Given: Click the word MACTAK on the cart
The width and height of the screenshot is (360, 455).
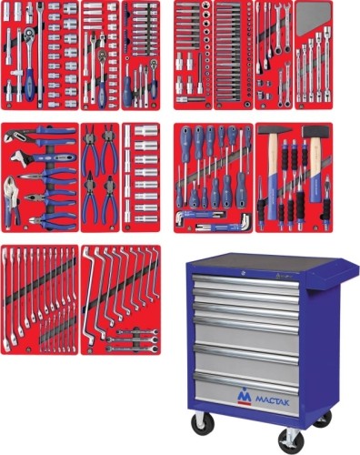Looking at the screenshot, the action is pos(272,400).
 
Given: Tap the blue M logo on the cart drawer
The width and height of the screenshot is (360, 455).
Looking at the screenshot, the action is pos(245,396).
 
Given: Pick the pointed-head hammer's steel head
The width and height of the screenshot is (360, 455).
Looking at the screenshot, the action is pos(272,131).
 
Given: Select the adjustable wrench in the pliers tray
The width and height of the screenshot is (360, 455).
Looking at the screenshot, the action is pos(43,157).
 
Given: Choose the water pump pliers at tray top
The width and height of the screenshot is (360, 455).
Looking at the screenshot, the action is pos(40,135).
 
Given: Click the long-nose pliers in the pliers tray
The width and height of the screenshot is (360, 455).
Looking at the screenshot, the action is pos(47,176).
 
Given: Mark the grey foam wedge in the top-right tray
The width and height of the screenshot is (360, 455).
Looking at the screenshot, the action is pos(313,17).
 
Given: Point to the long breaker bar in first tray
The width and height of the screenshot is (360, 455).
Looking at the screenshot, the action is pos(40,55).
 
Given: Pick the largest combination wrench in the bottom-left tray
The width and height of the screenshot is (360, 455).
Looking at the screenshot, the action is pos(5,299).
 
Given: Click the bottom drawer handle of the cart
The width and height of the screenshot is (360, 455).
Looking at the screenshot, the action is pos(245,377).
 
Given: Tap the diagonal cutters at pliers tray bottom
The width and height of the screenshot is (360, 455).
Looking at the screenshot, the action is pos(52,219).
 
